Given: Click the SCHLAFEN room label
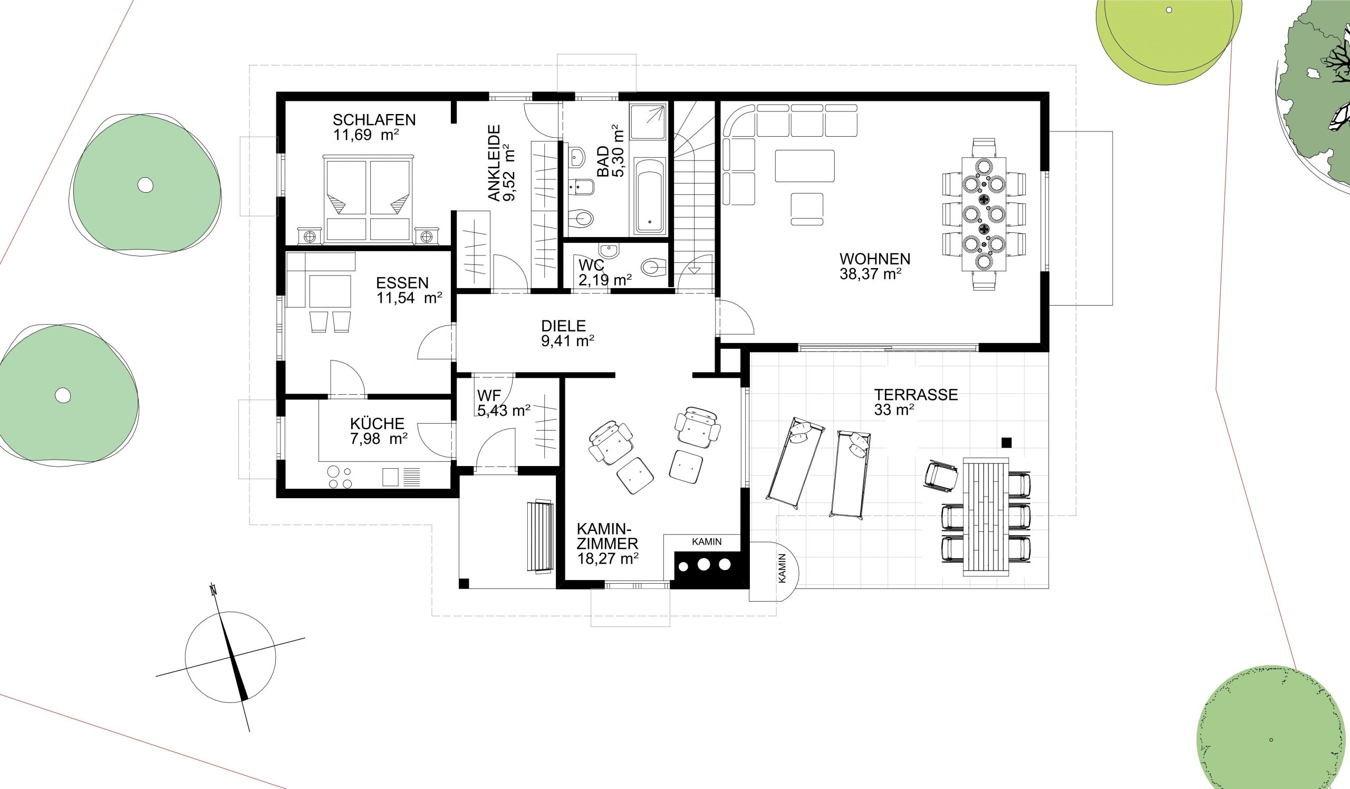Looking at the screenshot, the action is pos(374,119).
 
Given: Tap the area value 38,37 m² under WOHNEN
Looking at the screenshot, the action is pos(870,274).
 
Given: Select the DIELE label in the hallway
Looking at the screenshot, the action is pos(564,326).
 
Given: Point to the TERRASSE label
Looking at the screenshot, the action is pos(916,395).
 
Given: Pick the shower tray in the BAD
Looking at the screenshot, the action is pos(648,122).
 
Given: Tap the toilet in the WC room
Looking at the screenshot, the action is pos(653,267).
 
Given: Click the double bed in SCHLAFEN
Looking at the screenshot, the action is pos(369,198).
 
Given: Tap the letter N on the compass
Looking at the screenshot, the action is pos(214,591).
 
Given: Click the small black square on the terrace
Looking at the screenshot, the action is pos(1006,442).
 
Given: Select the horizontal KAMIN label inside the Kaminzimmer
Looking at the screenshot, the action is pos(707,541).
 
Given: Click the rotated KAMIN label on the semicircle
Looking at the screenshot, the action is pos(783,568).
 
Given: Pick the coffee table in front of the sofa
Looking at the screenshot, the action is pos(805,166).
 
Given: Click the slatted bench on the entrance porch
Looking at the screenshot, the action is pos(540,537).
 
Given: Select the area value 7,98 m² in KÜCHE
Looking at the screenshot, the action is pos(379,439).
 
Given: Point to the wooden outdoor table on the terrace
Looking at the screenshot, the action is pos(986,517).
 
